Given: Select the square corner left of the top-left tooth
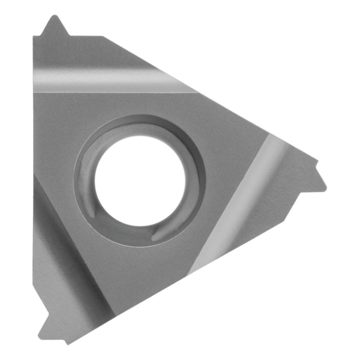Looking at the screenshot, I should pos(34,37).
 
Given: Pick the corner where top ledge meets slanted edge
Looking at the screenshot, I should pos(103,37).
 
